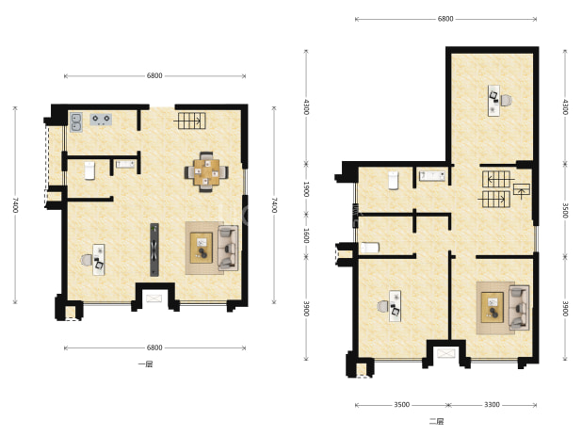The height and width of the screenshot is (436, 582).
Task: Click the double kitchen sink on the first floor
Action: point(76,122)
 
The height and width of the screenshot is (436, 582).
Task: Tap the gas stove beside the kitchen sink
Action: point(101,119)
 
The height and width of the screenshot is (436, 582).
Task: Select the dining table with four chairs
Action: point(206,171)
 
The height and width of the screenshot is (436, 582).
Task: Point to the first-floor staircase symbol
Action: point(191,121)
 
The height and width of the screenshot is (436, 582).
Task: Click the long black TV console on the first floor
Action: point(154,250)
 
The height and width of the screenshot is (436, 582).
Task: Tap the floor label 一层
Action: point(145,364)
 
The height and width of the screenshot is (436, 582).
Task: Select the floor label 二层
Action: point(437,422)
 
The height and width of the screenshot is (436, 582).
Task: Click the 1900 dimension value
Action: point(306,189)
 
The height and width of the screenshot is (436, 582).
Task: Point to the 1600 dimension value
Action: point(306,235)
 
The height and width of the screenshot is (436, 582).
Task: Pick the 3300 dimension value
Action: point(492,405)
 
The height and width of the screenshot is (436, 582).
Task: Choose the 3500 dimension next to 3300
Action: point(401,405)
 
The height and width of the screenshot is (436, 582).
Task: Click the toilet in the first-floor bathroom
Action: point(89,170)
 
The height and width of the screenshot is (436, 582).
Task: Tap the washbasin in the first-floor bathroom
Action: point(125,164)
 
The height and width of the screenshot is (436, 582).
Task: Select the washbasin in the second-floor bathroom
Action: point(432,175)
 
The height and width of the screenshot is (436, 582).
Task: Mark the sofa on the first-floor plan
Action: point(228,248)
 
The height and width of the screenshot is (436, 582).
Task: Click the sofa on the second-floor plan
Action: point(519,307)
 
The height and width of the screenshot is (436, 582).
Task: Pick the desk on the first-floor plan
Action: point(98,259)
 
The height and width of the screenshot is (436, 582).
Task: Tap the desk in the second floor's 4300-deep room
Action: point(493,101)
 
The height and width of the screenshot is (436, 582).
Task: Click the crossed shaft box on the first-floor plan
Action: point(154,299)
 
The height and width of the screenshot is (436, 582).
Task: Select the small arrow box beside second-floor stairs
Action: point(522,189)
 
